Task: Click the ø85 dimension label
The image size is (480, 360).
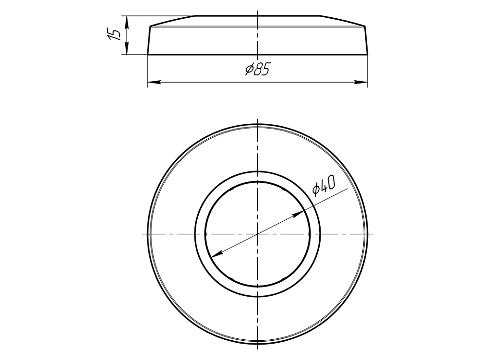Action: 257,70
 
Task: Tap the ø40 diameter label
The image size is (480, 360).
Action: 324,185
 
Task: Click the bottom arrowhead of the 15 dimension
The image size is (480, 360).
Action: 127,48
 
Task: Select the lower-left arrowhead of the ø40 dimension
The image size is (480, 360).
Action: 217,253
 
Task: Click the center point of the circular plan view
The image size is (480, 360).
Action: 258,234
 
